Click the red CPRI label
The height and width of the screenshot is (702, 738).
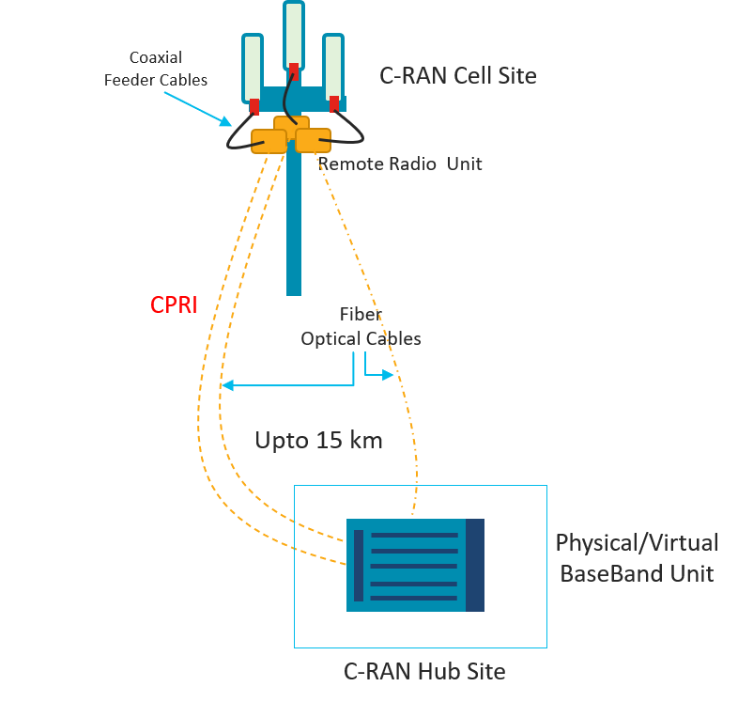tap(174, 305)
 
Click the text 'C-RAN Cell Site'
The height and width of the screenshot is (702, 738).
tap(457, 76)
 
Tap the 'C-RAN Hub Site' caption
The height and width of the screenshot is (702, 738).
tap(424, 671)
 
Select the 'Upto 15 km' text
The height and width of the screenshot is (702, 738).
tap(318, 440)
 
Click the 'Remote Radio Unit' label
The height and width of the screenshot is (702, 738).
tap(401, 164)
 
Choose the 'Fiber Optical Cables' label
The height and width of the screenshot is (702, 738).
tap(361, 327)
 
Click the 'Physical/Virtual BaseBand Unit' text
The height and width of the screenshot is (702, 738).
tap(637, 557)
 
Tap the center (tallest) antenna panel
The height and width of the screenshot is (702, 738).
tap(294, 34)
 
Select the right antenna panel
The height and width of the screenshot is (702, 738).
tap(334, 65)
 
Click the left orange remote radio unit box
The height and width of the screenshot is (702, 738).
tap(269, 141)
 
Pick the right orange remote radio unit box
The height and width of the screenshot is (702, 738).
tap(314, 139)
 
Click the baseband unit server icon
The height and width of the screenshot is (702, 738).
tap(414, 565)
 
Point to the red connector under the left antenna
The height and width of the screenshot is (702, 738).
tap(254, 105)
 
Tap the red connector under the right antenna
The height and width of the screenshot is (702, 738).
tap(334, 102)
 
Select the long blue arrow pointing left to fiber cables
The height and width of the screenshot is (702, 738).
tap(282, 385)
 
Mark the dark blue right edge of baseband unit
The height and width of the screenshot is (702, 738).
tap(475, 565)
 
